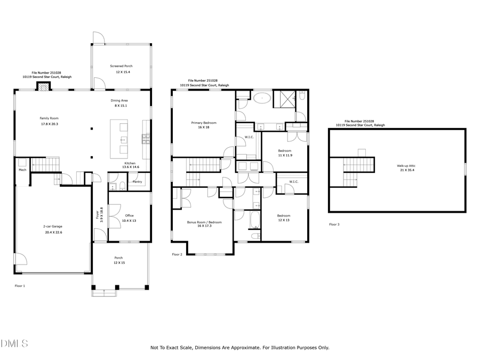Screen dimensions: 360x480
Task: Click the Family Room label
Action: [49, 118]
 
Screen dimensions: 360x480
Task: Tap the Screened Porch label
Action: [120, 66]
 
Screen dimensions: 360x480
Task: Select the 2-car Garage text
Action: [53, 226]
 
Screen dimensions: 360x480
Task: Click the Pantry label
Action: [137, 182]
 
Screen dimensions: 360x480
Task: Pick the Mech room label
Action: [22, 170]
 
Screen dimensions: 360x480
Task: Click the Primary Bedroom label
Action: [204, 123]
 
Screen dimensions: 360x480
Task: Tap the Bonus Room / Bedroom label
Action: [204, 222]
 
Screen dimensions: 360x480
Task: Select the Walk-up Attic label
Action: [406, 166]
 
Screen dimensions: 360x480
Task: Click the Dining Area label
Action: [119, 100]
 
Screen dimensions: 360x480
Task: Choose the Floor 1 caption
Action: [20, 286]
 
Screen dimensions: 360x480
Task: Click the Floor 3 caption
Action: [334, 225]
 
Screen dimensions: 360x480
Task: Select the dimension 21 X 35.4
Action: [406, 171]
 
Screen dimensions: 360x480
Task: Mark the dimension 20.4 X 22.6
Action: [53, 232]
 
